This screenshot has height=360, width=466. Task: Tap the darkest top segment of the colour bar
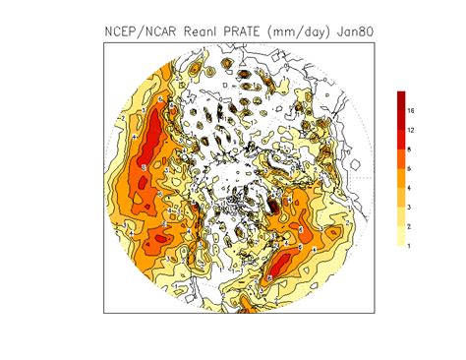402,100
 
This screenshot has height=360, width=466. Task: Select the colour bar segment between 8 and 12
402,140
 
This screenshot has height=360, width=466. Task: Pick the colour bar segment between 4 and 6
402,178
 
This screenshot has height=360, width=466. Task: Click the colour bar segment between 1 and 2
402,235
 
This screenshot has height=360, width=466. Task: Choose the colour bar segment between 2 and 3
402,216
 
